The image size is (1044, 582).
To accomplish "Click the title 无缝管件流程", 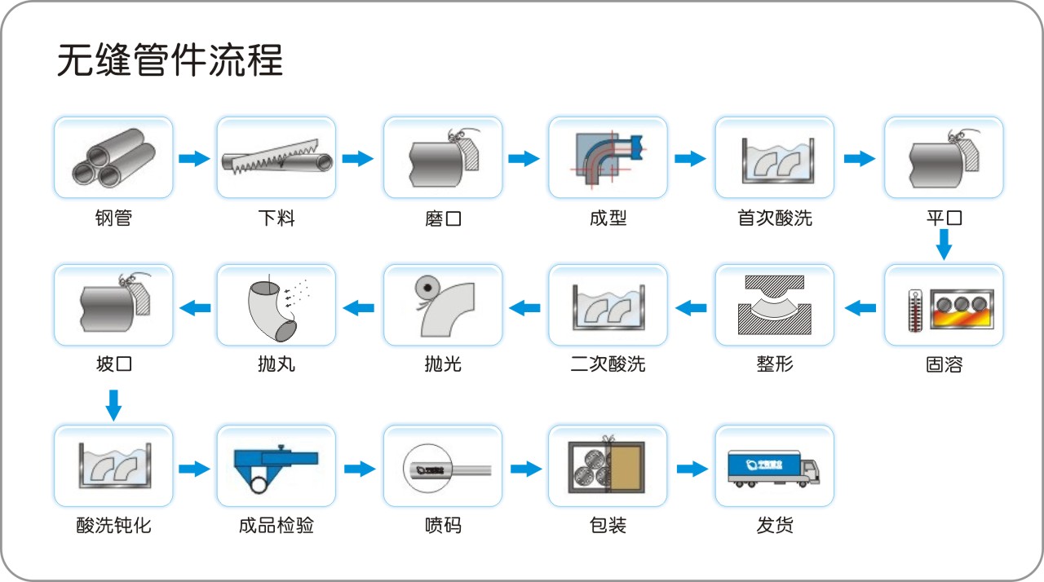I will coord(170,61).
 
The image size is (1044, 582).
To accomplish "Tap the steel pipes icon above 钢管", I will coord(113,158).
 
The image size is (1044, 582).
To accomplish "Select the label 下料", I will coord(276,218).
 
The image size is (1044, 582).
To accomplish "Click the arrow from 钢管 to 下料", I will coord(194,158).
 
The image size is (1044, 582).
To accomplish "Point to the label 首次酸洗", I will coord(775,218).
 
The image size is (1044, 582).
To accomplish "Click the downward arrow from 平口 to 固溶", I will coord(944,244).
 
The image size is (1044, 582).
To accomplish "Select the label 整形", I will coord(775,364).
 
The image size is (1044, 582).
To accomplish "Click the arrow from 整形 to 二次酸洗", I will coord(691,307).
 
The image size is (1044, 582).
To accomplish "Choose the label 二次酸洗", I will coord(608,364).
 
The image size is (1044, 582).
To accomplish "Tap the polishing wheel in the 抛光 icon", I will coord(424,288).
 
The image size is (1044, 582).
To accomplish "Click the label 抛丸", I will coord(276,364).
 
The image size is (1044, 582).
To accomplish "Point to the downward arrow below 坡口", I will coord(113,404).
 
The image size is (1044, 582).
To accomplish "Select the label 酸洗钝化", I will coord(113,526).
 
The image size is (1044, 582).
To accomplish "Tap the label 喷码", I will coord(443,526).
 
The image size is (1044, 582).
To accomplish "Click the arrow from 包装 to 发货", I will coord(692,468).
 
